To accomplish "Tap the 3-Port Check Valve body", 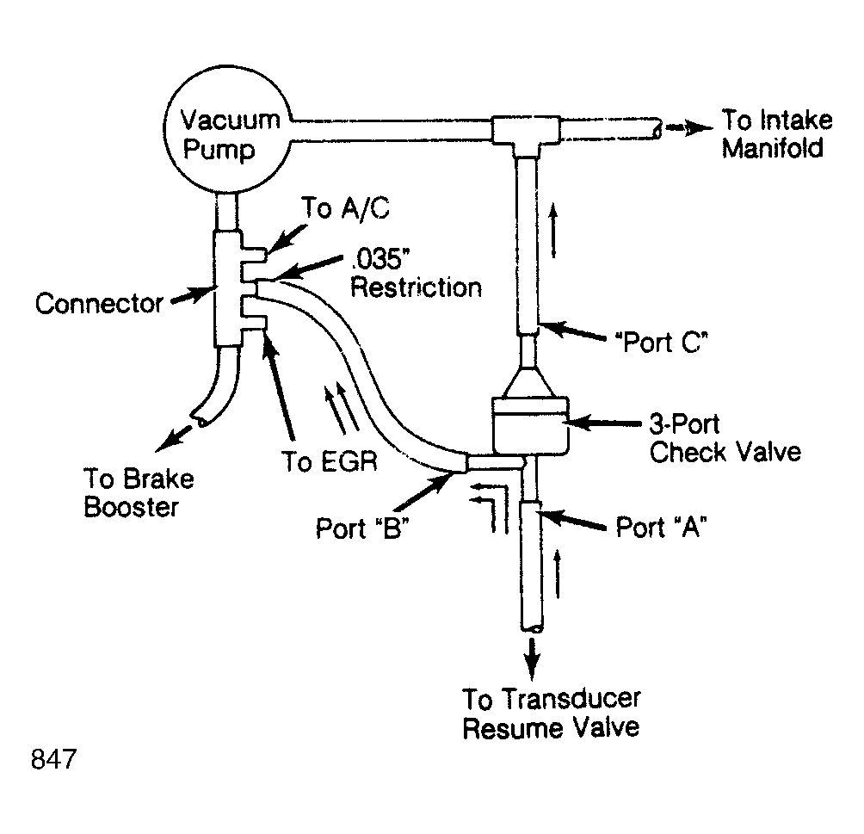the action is pos(529,425).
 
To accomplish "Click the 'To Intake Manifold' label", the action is pos(777,134).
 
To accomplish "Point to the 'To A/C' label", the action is pos(345,208).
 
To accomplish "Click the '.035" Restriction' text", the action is pos(416,274).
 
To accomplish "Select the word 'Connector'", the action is pos(99,303).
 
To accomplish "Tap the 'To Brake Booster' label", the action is pos(139,493).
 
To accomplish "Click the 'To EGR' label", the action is pos(330,461).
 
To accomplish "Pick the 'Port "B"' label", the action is pos(362,528).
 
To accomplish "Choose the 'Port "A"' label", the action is pos(661,527).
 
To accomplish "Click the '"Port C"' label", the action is pos(661,343).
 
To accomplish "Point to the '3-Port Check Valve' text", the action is pos(725,438).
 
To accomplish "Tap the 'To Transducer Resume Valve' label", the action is pos(551,714).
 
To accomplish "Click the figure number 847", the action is pos(53,759).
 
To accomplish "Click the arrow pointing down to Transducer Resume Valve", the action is pos(532,658).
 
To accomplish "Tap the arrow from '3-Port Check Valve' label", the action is pos(603,423).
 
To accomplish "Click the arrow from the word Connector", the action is pos(191,295).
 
